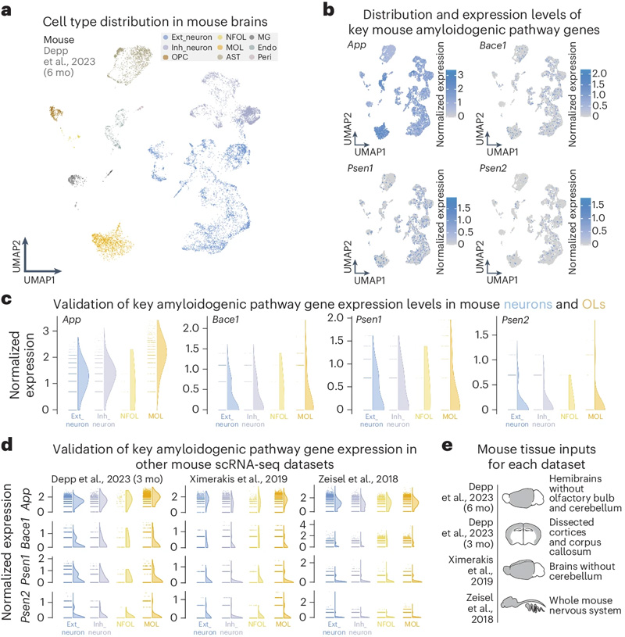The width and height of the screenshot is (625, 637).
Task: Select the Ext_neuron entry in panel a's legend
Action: (181, 38)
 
